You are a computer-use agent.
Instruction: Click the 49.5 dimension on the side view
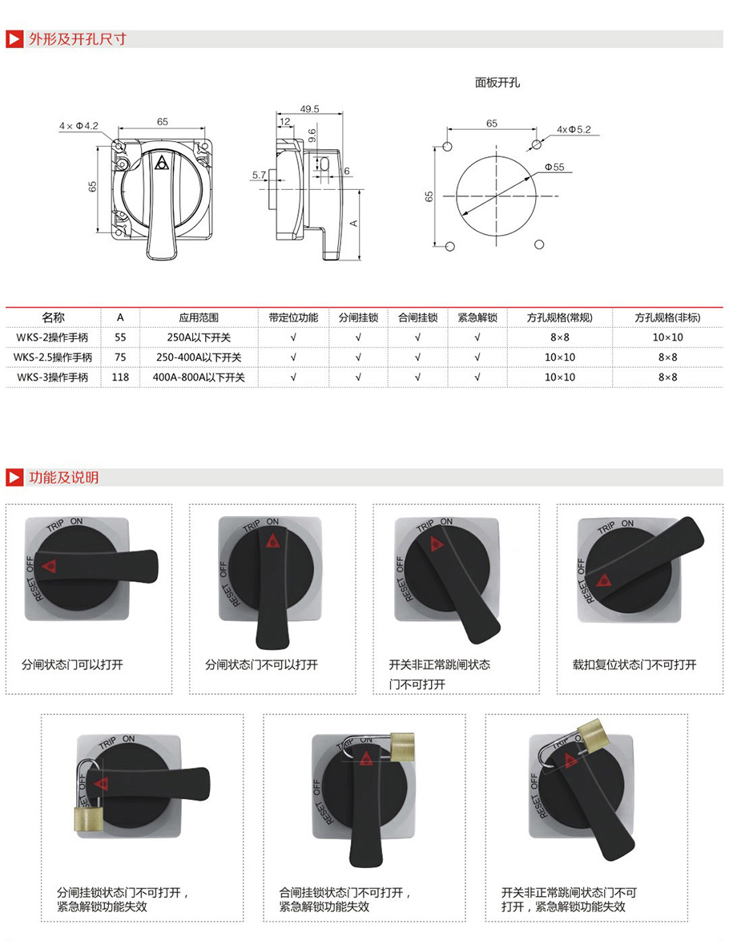[x=309, y=109]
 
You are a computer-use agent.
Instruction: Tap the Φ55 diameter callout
[x=554, y=168]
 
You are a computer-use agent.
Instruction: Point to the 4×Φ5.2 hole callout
[x=574, y=130]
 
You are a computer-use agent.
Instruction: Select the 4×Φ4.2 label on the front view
[x=79, y=126]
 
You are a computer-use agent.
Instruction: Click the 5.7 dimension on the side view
[x=260, y=176]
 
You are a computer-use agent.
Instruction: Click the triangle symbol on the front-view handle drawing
[x=161, y=164]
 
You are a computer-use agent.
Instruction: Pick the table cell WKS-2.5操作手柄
[x=53, y=357]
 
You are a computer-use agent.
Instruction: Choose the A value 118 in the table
[x=121, y=377]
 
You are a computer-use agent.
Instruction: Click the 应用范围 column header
[x=199, y=317]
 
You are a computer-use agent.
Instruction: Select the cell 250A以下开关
[x=199, y=337]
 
